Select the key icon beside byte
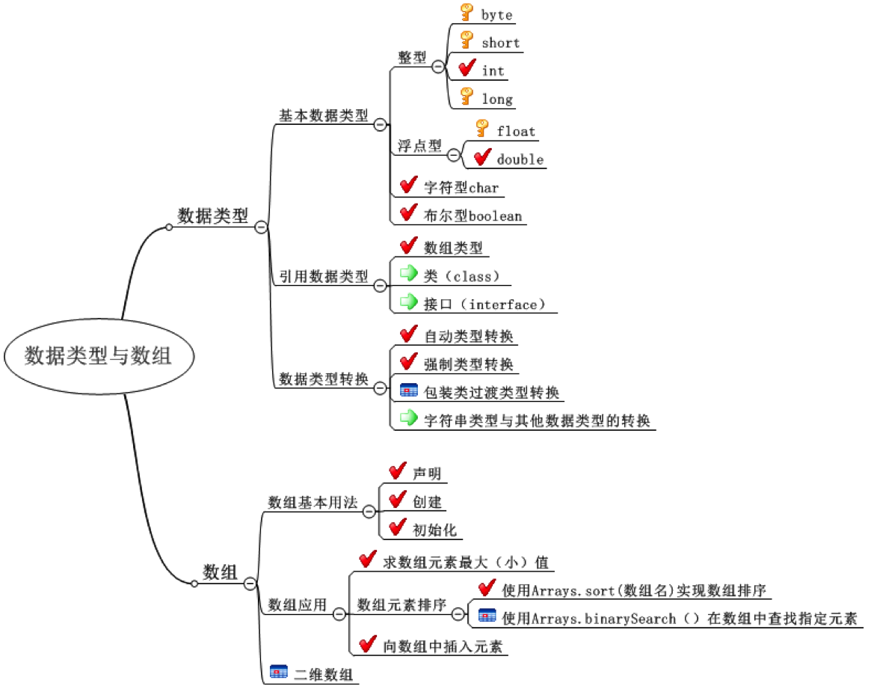click(467, 13)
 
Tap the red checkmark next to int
click(467, 70)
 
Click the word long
click(497, 99)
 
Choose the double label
click(520, 159)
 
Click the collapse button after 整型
click(438, 65)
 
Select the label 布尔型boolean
click(473, 216)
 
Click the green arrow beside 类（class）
click(408, 273)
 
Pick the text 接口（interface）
click(480, 304)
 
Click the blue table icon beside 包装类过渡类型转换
click(409, 391)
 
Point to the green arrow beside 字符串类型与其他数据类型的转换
click(408, 417)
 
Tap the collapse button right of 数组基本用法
click(369, 511)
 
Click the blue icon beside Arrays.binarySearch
click(487, 616)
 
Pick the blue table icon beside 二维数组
click(278, 673)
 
